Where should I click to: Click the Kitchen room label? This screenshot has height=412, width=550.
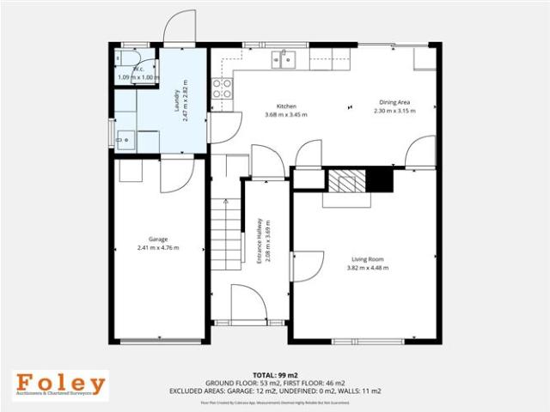[x=286, y=106]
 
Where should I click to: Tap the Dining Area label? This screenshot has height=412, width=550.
[x=395, y=102]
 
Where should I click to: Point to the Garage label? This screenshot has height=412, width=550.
[x=157, y=239]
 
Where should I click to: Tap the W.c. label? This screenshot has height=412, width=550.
[x=137, y=69]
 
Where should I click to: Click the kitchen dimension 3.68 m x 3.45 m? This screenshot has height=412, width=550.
[x=286, y=114]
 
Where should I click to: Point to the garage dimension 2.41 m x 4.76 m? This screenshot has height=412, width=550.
[x=157, y=247]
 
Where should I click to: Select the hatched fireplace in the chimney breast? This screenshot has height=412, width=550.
[x=346, y=182]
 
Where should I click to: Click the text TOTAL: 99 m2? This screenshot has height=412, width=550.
[x=275, y=375]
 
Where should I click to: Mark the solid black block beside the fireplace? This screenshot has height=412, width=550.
[x=379, y=180]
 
